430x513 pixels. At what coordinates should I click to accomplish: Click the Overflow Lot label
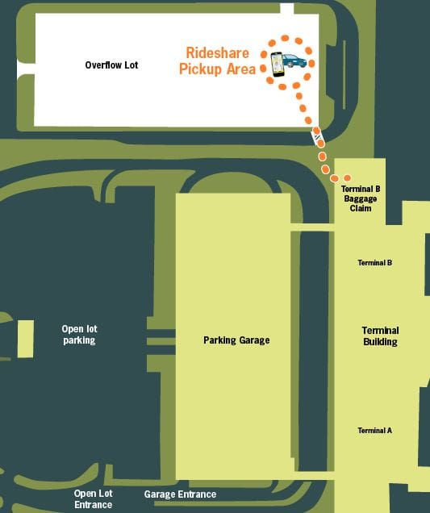(111, 65)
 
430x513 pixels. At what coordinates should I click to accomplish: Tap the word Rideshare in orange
(218, 53)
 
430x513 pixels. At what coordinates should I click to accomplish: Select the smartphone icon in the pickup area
(278, 65)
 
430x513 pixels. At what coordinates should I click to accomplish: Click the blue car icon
(294, 60)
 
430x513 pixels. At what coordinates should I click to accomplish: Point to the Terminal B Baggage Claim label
(361, 198)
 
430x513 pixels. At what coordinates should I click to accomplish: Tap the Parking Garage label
(236, 340)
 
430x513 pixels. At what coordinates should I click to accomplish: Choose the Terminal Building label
(380, 336)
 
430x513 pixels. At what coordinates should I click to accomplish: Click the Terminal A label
(374, 431)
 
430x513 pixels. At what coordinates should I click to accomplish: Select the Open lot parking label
(80, 335)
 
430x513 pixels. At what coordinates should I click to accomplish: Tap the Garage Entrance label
(181, 494)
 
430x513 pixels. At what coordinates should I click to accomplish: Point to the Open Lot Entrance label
(94, 499)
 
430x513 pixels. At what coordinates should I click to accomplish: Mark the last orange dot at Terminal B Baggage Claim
(348, 178)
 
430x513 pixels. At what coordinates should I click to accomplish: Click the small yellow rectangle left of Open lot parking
(26, 339)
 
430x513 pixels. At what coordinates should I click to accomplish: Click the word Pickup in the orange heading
(200, 69)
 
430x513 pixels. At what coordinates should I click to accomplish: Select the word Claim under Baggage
(361, 208)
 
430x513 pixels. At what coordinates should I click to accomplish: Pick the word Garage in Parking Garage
(255, 340)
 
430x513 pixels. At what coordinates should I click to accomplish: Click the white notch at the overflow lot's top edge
(287, 9)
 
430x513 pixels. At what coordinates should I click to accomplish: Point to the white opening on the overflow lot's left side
(26, 69)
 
